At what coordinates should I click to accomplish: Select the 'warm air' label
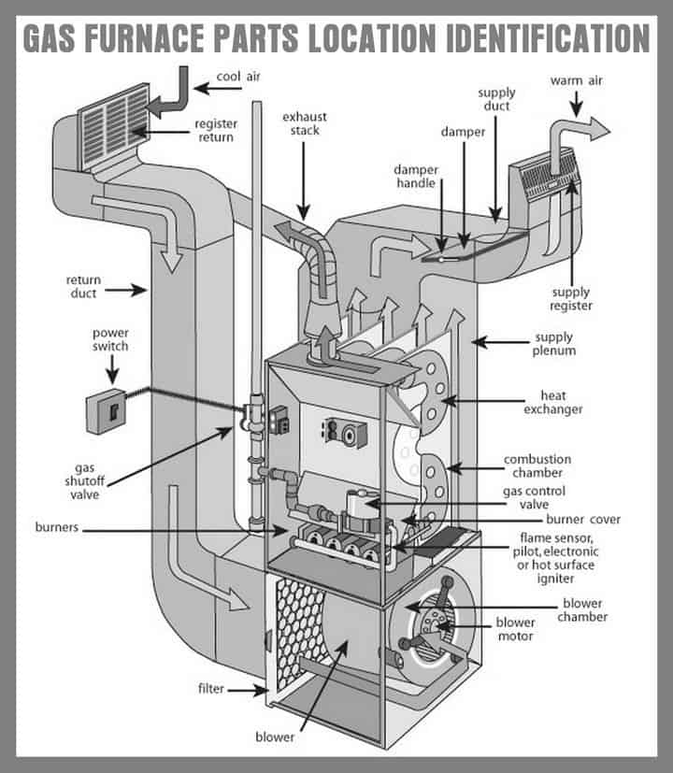point(577,80)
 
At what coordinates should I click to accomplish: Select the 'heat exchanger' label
point(553,403)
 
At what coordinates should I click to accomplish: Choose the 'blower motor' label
point(515,629)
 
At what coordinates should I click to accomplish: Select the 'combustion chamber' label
point(537,465)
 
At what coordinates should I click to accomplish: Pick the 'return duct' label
point(83,286)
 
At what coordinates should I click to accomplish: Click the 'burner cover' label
point(584,520)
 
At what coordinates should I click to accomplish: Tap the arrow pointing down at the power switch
point(110,370)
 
